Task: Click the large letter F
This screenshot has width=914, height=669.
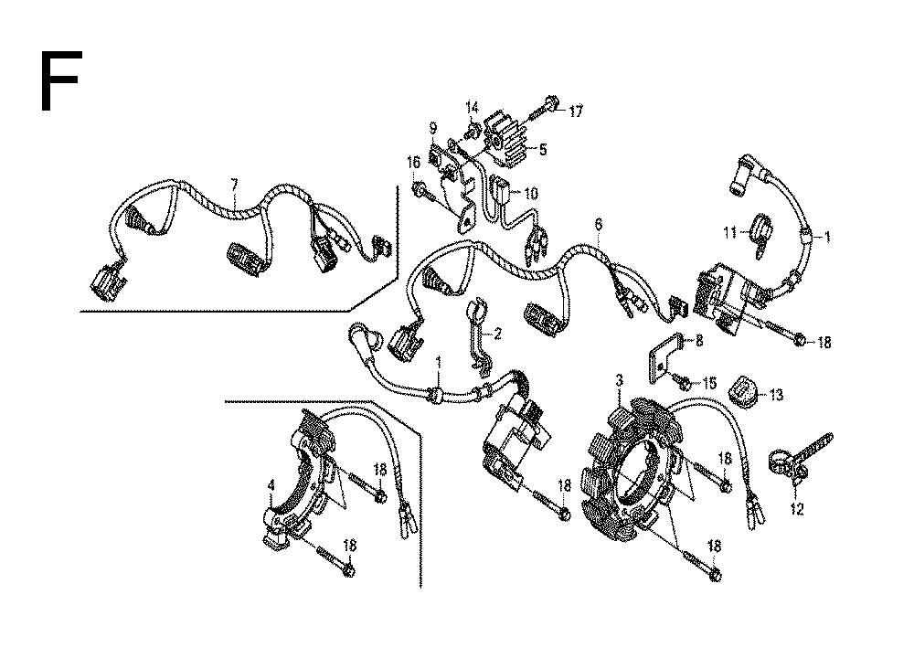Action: (x=60, y=80)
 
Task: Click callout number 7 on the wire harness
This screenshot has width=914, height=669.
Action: (x=234, y=186)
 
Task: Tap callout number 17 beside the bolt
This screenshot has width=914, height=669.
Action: (x=575, y=111)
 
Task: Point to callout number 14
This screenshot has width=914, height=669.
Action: (x=473, y=108)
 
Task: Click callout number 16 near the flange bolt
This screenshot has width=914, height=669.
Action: (x=413, y=162)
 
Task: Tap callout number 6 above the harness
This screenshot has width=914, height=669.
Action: (x=598, y=224)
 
